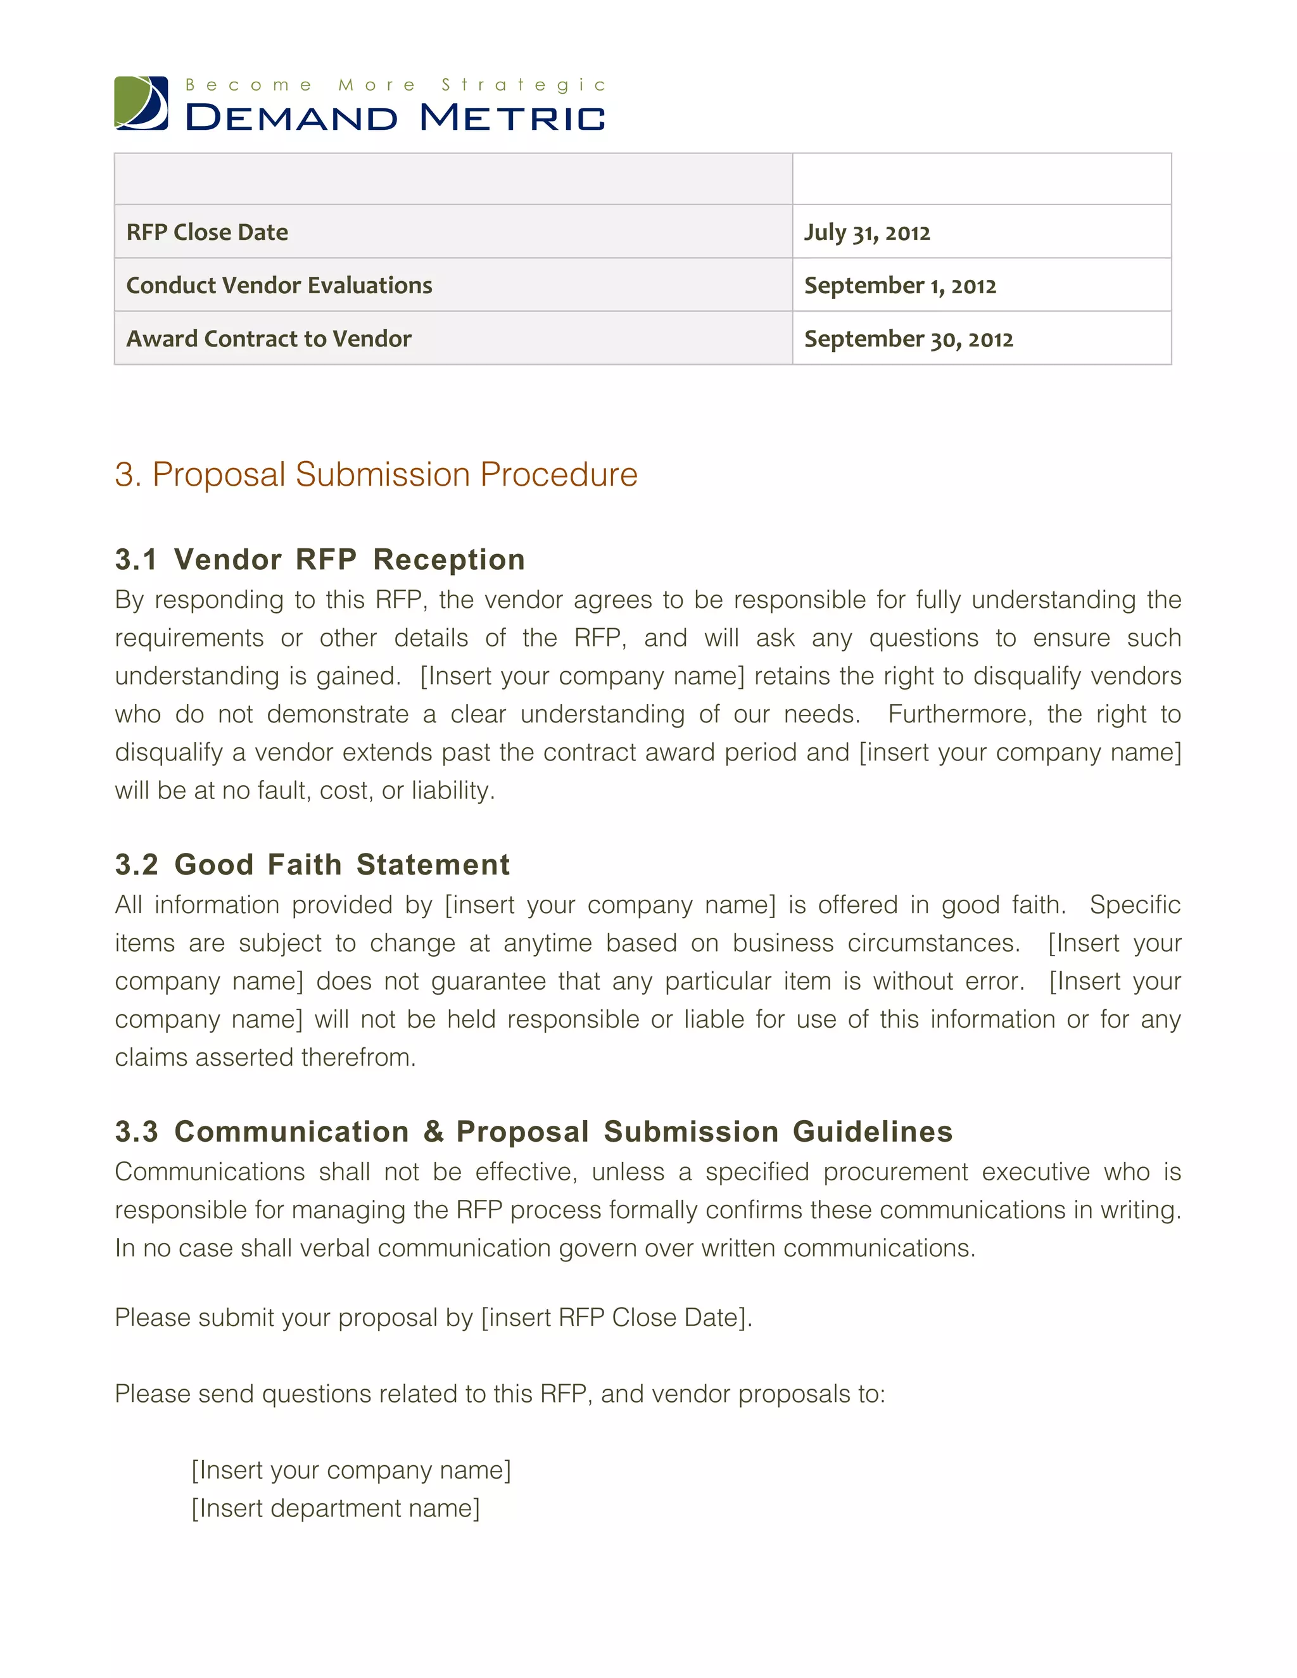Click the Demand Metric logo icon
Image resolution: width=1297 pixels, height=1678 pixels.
pyautogui.click(x=141, y=103)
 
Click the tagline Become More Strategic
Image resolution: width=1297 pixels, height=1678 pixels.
pyautogui.click(x=395, y=84)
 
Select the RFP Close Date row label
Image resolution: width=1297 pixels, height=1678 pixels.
pyautogui.click(x=208, y=232)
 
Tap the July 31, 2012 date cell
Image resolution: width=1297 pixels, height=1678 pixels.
pyautogui.click(x=867, y=232)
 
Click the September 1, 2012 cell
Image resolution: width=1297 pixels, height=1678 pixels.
pyautogui.click(x=900, y=285)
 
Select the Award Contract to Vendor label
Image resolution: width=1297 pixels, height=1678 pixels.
pyautogui.click(x=269, y=339)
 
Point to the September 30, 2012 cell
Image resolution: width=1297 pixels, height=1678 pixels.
pyautogui.click(x=908, y=339)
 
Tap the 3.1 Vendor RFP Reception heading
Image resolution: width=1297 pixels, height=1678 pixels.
pyautogui.click(x=320, y=559)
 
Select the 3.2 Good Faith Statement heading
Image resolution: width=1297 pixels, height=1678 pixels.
pyautogui.click(x=312, y=864)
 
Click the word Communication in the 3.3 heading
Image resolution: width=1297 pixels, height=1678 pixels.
pyautogui.click(x=291, y=1132)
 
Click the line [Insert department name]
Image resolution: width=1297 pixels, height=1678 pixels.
pyautogui.click(x=336, y=1508)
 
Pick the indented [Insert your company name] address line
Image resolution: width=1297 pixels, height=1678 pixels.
pyautogui.click(x=351, y=1470)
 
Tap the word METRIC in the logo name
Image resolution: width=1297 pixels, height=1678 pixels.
pyautogui.click(x=512, y=118)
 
